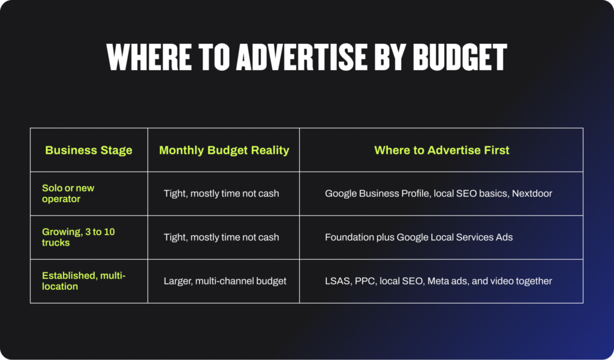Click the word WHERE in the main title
point(149,57)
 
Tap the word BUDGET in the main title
point(460,57)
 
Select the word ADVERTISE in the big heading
point(302,57)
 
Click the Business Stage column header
point(89,150)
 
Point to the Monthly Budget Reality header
point(224,151)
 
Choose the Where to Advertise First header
point(442,150)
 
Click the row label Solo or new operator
point(68,193)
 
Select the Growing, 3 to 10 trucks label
point(79,237)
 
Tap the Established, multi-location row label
point(83,281)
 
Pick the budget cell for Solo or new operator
point(221,194)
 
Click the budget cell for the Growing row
point(221,238)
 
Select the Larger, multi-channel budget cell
point(225,281)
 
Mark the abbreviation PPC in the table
point(365,281)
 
